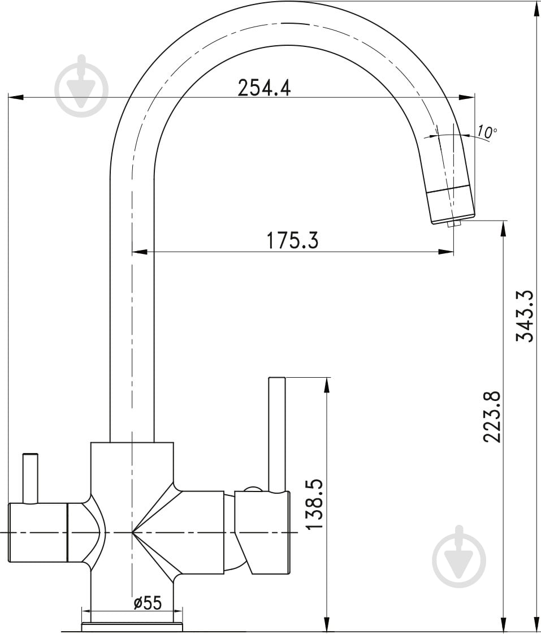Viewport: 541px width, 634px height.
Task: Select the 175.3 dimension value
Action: tap(292, 240)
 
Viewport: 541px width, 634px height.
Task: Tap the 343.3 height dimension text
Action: tap(525, 316)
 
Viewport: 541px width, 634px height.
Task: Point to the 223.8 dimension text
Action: tap(492, 416)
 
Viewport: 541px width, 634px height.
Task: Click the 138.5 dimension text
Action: tap(314, 504)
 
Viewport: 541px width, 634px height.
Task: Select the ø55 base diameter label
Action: tap(148, 603)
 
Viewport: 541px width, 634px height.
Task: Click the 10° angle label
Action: tap(486, 131)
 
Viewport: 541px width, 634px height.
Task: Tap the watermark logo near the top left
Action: tap(82, 86)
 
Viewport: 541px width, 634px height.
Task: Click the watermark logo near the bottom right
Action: tap(459, 557)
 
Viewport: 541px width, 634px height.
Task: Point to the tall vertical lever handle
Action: tap(277, 435)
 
